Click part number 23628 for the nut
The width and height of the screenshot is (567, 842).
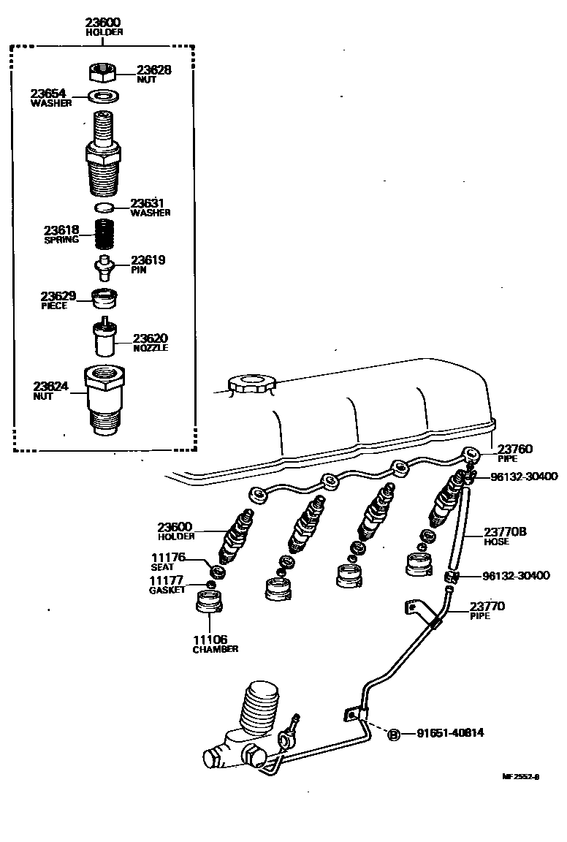point(153,70)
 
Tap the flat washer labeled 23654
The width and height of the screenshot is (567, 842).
point(104,96)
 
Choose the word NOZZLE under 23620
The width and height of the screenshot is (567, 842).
point(151,349)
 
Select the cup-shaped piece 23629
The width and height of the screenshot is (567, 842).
point(105,298)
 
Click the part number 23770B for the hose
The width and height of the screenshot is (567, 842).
point(505,532)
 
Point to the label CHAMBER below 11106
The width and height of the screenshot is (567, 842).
point(216,649)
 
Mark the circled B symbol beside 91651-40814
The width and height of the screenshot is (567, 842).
point(393,734)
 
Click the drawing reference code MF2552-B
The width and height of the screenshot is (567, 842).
point(520,777)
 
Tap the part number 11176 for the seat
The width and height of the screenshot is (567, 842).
point(169,558)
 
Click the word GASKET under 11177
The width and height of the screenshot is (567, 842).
point(167,590)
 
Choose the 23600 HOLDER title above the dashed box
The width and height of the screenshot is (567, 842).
point(103,27)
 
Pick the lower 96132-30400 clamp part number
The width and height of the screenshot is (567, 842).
point(516,576)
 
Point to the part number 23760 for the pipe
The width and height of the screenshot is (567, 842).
point(515,450)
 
